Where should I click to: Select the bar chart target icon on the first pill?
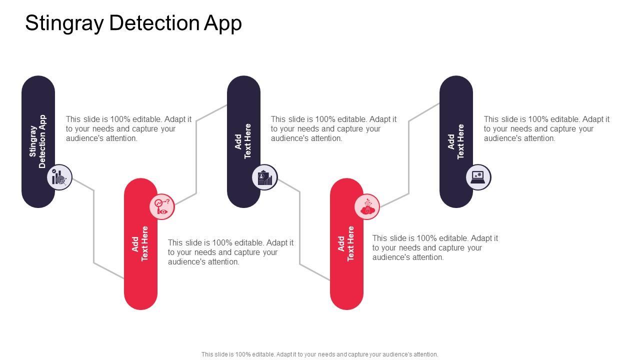(x=59, y=177)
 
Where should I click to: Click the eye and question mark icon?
(x=162, y=206)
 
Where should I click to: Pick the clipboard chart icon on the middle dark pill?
(x=264, y=177)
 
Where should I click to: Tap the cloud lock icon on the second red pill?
(x=367, y=206)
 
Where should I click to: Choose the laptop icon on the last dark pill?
(x=478, y=177)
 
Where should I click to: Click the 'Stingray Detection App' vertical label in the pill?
(x=38, y=141)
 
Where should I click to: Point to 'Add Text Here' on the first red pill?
(x=140, y=243)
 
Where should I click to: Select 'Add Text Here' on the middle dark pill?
(x=243, y=141)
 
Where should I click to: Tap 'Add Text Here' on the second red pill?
(x=346, y=243)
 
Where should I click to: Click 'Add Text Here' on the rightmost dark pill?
(x=456, y=141)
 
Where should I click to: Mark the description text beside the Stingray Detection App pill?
(x=128, y=129)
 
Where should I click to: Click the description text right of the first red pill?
(x=230, y=252)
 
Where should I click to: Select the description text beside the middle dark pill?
(x=333, y=129)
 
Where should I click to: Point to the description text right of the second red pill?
(x=435, y=247)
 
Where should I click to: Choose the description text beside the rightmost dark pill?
(x=546, y=129)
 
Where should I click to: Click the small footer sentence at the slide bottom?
(x=319, y=354)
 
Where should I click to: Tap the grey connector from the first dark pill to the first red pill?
(x=94, y=225)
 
